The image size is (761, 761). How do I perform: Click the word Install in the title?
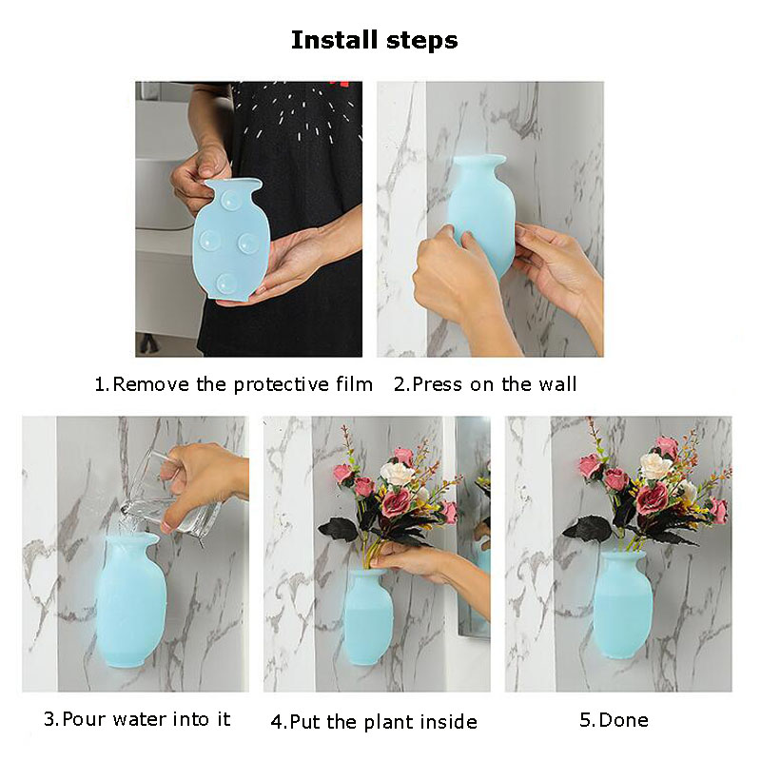point(334,40)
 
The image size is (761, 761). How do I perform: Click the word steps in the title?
point(422,41)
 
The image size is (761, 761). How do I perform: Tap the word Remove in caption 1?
point(151,384)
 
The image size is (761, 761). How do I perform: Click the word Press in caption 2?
point(438,384)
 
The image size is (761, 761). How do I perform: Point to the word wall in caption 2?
point(557,384)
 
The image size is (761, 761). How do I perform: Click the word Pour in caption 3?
point(87,719)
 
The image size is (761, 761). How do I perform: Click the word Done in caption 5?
point(624,720)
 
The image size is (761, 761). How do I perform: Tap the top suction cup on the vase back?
point(230,201)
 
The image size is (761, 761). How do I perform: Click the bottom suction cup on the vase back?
point(226,283)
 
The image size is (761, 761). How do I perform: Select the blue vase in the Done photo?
point(623,604)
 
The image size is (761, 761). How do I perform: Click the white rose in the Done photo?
point(654,465)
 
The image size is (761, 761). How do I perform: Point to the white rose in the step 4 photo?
point(397,473)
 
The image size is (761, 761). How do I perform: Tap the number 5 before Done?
point(585,720)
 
